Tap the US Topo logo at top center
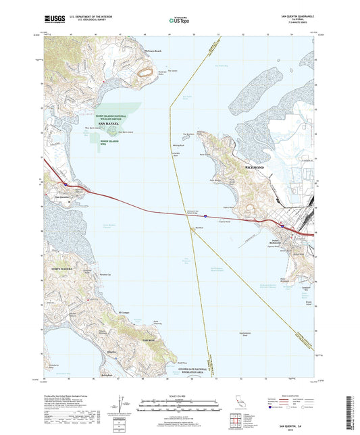179,21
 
